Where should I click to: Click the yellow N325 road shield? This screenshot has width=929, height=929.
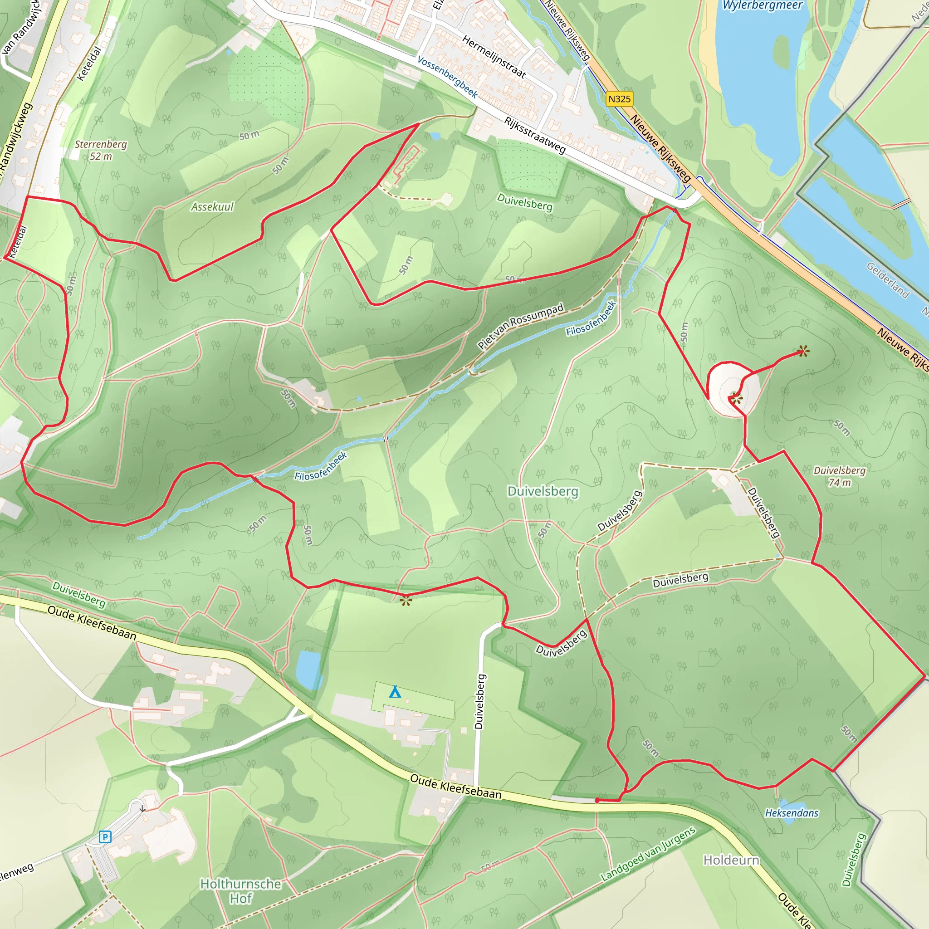tap(619, 99)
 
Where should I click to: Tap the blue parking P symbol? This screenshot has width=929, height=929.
tap(105, 836)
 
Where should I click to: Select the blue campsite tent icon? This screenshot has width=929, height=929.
tap(395, 692)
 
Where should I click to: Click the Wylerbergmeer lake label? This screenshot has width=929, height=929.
tap(763, 5)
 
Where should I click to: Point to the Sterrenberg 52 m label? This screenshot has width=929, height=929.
tap(101, 150)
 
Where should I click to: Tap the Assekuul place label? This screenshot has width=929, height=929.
tap(212, 207)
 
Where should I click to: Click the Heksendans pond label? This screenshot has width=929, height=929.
tap(792, 812)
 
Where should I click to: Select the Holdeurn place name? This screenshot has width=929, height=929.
tap(731, 860)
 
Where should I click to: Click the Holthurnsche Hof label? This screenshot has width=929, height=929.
tap(240, 891)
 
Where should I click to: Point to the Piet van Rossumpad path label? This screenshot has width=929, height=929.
tap(520, 326)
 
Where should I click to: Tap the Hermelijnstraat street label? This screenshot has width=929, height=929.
tap(494, 57)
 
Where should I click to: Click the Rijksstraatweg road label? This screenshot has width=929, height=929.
tap(535, 135)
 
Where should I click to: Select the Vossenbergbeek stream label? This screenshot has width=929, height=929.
tap(447, 77)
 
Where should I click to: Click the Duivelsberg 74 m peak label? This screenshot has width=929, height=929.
tap(839, 476)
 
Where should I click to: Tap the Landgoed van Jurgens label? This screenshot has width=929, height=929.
tap(648, 854)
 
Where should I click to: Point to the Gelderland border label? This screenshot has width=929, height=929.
tap(888, 280)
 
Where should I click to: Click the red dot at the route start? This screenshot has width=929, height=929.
tap(597, 801)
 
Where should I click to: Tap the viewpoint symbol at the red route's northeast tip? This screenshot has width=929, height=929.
tap(802, 352)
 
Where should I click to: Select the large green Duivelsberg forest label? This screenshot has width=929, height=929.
tap(543, 491)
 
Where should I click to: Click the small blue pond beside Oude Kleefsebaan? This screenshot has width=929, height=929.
tap(308, 670)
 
